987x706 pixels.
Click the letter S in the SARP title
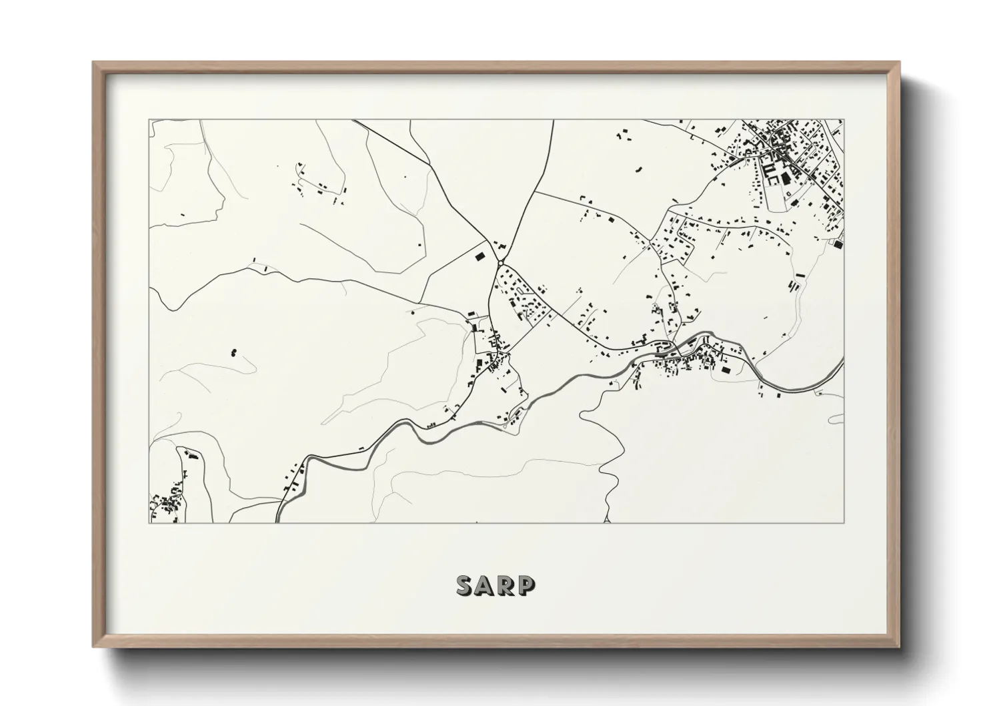click(465, 585)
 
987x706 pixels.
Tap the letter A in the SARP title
click(485, 585)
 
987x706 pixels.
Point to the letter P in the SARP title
click(526, 585)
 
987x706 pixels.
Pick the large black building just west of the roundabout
click(477, 254)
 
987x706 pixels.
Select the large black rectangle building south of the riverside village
click(726, 368)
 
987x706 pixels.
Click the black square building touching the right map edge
click(838, 245)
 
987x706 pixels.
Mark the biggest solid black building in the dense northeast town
click(785, 178)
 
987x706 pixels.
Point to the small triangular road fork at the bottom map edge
click(607, 518)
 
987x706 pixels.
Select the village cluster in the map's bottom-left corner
click(167, 504)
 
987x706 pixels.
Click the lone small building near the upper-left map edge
click(183, 214)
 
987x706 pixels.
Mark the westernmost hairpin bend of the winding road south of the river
click(582, 417)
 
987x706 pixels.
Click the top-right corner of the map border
click(844, 120)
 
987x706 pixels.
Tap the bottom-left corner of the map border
click(150, 522)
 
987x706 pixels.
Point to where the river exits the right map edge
click(843, 360)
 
